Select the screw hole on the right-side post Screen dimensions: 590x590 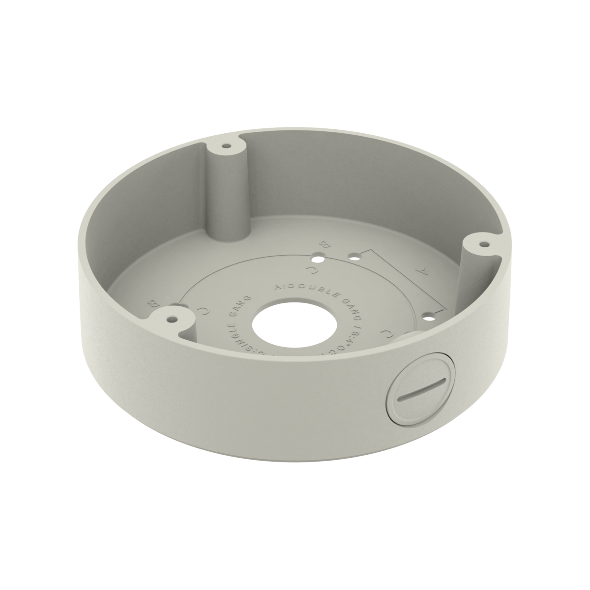tap(484, 243)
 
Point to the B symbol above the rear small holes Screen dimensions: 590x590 tap(324, 244)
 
